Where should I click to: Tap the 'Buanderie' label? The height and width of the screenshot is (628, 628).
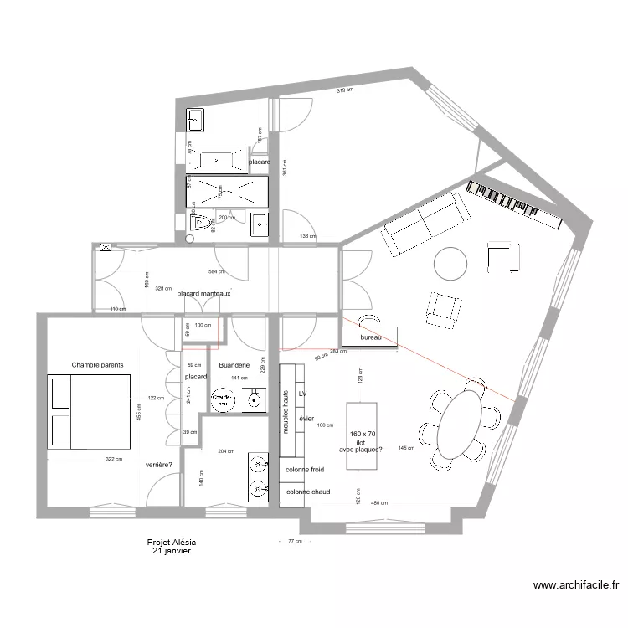tap(234, 366)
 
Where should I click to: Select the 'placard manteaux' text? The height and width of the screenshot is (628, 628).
tap(203, 294)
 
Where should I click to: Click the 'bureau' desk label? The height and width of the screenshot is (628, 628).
tap(371, 337)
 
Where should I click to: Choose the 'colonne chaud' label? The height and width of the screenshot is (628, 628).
tap(308, 492)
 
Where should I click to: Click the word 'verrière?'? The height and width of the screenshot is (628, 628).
tap(159, 465)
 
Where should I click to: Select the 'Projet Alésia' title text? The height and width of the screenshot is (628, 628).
tap(171, 543)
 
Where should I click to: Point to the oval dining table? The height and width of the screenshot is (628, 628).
tap(461, 424)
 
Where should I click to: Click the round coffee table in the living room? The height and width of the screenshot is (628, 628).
tap(451, 264)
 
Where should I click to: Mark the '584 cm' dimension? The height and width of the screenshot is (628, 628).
tap(218, 272)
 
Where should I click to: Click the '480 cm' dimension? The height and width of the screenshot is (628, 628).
tap(379, 503)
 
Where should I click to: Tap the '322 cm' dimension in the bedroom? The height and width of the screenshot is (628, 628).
tap(114, 459)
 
